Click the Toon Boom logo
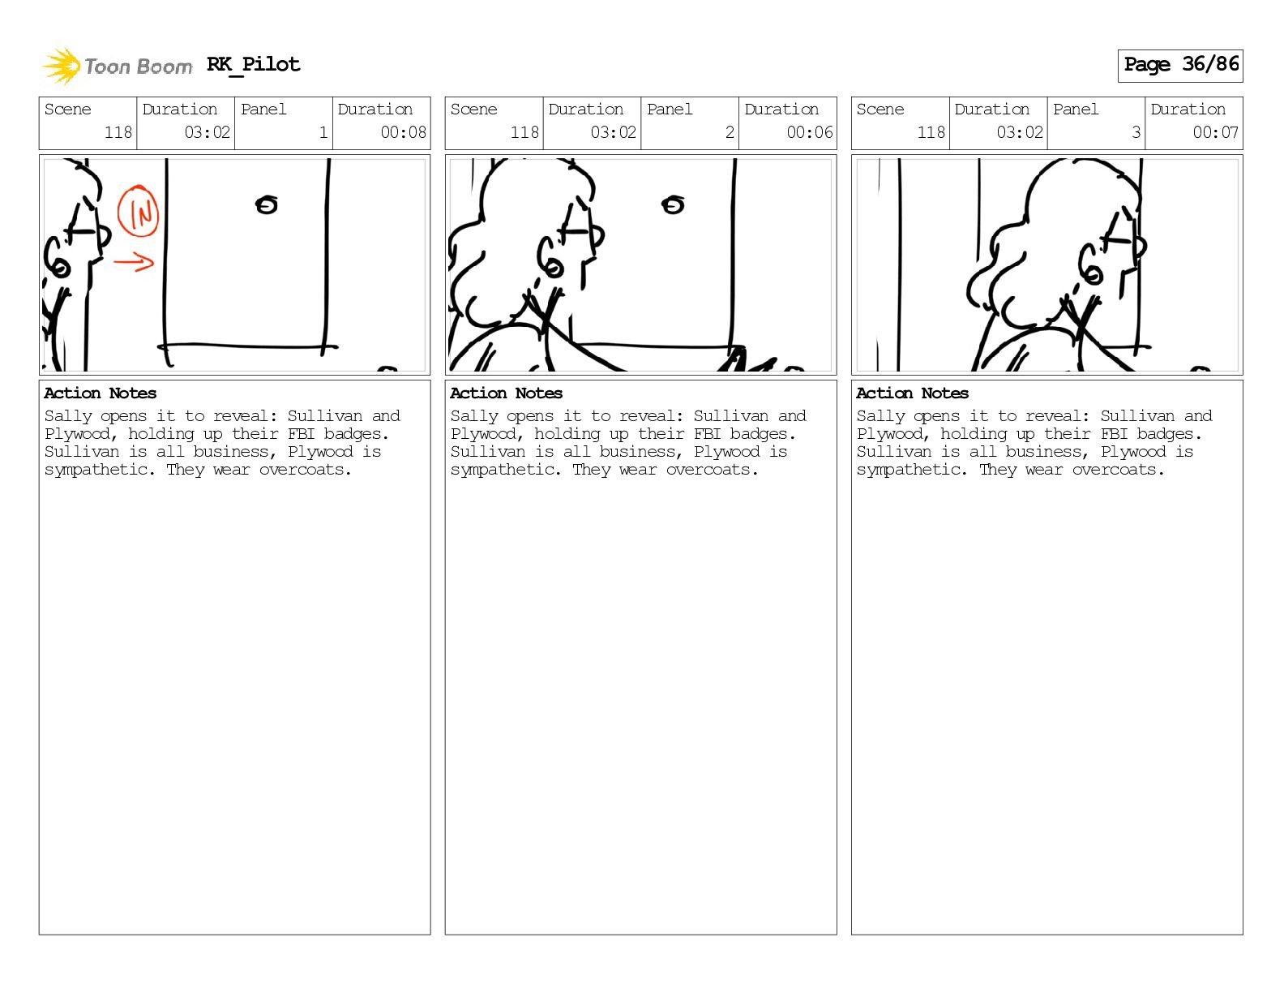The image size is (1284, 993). (118, 67)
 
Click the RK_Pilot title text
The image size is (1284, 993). (254, 64)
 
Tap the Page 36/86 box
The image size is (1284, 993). (1180, 65)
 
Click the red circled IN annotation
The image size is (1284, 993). (138, 211)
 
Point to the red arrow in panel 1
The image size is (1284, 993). (134, 261)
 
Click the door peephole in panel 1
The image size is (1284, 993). (267, 205)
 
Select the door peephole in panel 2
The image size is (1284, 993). (673, 205)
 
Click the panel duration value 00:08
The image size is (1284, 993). (403, 132)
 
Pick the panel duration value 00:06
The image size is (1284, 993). (810, 132)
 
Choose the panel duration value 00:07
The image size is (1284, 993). (1215, 132)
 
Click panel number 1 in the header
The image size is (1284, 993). (323, 132)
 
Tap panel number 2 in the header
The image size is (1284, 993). (730, 132)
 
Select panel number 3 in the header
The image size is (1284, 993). (1136, 132)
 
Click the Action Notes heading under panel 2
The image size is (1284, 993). (507, 393)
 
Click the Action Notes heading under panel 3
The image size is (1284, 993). (912, 393)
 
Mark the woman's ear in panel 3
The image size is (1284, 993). (1090, 265)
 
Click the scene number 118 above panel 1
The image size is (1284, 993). (118, 132)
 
